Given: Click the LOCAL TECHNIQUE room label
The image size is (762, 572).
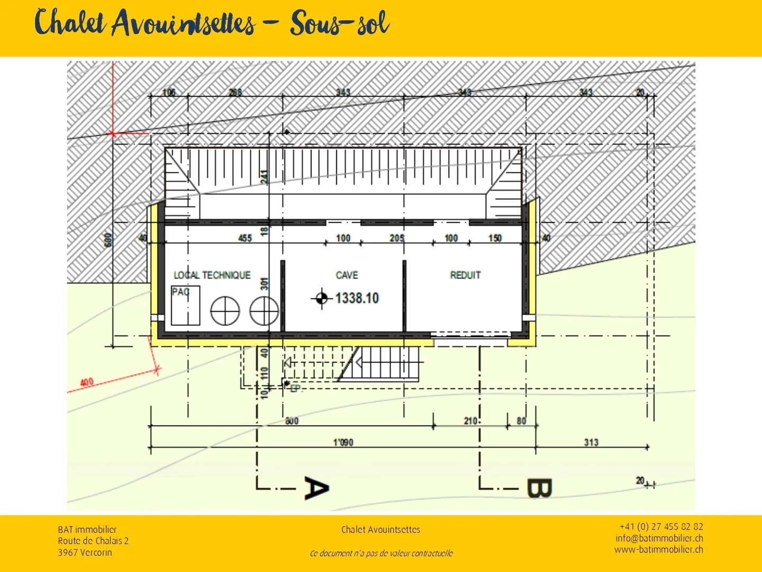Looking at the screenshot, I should [212, 275].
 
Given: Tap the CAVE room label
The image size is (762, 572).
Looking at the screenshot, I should [347, 275].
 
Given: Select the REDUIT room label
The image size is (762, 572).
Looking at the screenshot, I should [465, 275].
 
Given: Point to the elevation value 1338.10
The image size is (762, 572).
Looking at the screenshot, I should [357, 298].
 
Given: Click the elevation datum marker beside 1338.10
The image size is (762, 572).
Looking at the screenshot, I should [321, 299].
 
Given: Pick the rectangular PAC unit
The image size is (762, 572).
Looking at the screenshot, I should [186, 306].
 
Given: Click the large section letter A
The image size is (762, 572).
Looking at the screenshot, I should [316, 488].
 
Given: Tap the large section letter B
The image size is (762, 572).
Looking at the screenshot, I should [539, 488].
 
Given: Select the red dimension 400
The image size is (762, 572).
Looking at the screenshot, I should [87, 382].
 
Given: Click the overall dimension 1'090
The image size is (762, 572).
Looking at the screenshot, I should [343, 442].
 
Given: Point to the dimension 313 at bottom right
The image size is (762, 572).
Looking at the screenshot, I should [591, 442].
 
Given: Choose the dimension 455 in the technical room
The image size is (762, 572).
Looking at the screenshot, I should [245, 238].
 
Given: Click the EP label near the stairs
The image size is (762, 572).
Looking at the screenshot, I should [295, 388].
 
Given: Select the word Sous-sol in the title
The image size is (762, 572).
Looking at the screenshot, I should [340, 24].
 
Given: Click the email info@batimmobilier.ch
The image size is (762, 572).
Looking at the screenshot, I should [659, 538].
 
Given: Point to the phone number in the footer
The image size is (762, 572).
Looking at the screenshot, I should [661, 526].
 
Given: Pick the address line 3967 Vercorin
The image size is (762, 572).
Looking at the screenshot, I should [85, 552].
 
